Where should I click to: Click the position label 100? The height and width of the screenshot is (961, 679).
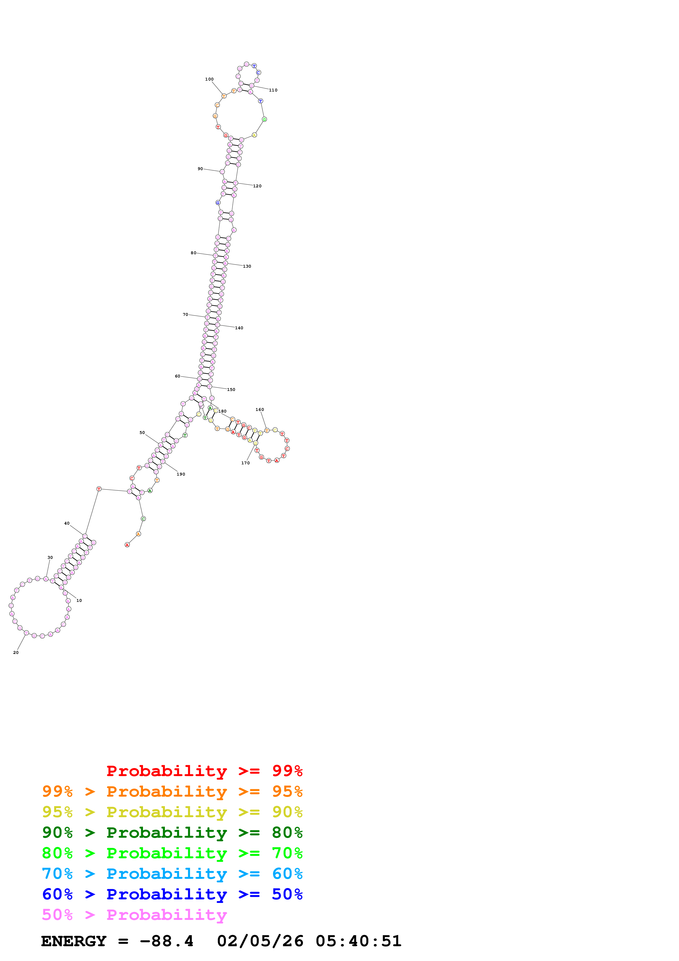click(209, 79)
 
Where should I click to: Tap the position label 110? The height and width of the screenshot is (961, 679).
click(273, 90)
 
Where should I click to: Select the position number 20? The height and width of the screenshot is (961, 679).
click(16, 653)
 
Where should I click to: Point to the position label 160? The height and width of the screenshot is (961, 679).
click(260, 410)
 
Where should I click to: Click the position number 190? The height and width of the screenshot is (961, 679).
click(181, 474)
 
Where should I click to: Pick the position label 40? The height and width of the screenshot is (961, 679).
click(67, 523)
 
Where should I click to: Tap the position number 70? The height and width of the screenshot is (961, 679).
click(185, 314)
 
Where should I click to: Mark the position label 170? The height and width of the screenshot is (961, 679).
click(246, 463)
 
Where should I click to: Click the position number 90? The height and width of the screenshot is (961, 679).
click(200, 169)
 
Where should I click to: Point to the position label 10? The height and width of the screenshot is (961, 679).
click(79, 600)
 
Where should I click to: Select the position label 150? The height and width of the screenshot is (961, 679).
click(231, 389)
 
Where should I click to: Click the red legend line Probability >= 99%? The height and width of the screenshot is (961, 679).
click(204, 771)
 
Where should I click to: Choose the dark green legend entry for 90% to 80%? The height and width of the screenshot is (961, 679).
click(172, 833)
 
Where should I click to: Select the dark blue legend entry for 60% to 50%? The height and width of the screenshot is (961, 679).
click(172, 894)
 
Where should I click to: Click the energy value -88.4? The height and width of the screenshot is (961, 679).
click(167, 941)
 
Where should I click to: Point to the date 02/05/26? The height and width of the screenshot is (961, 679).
click(260, 941)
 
